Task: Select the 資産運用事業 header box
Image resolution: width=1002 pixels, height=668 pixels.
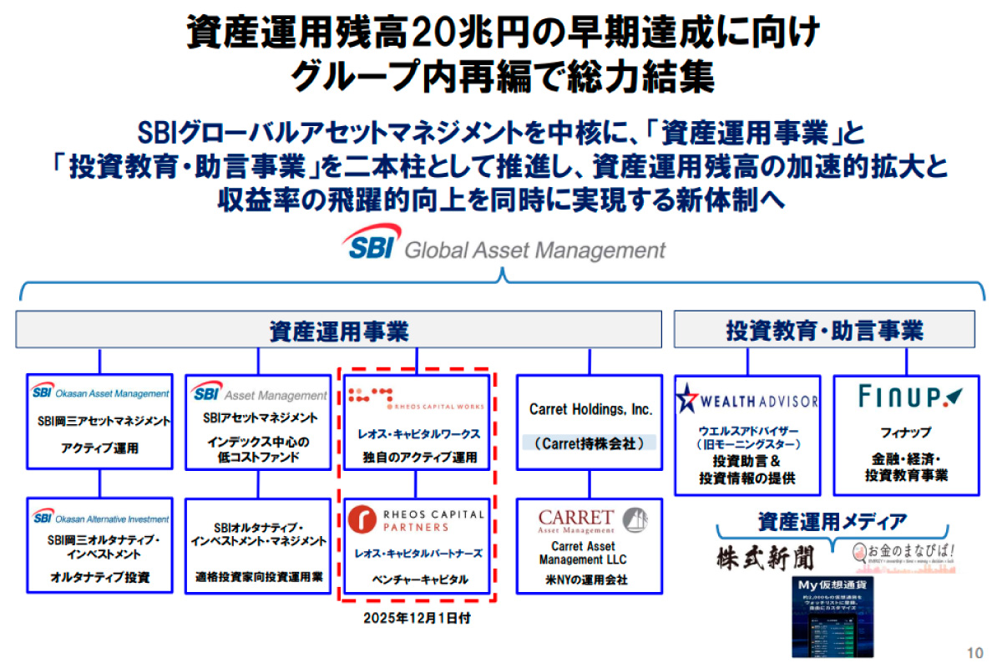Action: tap(338, 330)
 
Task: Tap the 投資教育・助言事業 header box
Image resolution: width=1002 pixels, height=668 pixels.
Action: tap(824, 330)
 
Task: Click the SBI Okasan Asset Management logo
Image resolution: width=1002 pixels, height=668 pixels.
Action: tap(100, 392)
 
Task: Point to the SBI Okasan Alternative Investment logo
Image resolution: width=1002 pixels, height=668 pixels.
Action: tap(100, 518)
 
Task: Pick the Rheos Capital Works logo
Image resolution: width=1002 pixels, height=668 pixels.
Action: tap(416, 395)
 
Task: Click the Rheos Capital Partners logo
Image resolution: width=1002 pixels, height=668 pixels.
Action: tap(416, 519)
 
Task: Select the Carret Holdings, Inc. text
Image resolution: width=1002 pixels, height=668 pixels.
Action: tap(590, 410)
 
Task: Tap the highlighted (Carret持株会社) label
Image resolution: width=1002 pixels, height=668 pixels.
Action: tap(590, 443)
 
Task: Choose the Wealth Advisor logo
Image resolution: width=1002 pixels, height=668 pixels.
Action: tap(748, 400)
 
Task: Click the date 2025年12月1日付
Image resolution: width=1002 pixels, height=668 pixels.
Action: tap(413, 619)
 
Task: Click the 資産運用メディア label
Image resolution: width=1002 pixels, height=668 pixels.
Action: tap(832, 523)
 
